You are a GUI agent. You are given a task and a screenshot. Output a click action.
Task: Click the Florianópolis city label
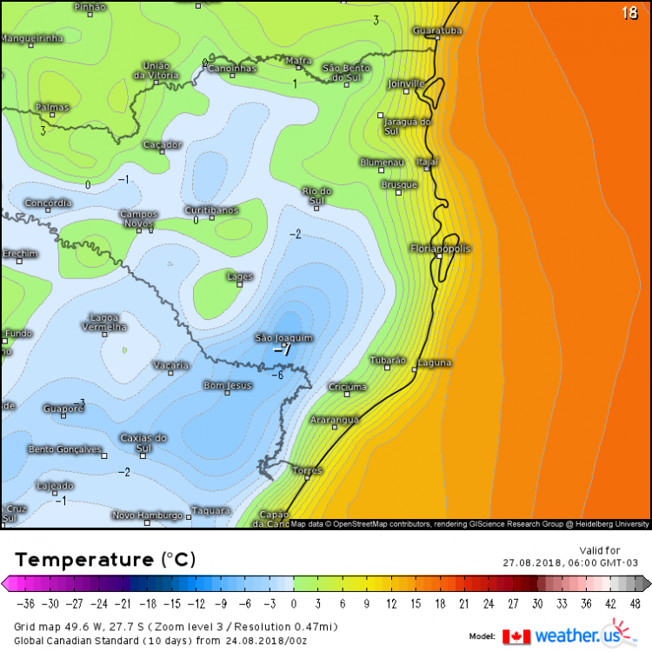(x=440, y=249)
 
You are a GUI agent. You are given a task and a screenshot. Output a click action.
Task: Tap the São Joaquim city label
(x=283, y=337)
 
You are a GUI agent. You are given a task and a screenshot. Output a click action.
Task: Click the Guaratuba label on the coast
(x=437, y=31)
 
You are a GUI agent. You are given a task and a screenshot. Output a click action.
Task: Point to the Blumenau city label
(x=383, y=163)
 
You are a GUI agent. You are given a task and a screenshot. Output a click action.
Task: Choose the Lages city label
(x=239, y=276)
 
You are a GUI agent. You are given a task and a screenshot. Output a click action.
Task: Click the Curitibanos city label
(x=211, y=210)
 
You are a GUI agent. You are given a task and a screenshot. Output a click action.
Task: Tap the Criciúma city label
(x=348, y=387)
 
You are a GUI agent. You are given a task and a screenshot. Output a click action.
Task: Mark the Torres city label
(x=307, y=470)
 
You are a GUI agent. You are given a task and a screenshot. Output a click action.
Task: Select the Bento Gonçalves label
(x=66, y=449)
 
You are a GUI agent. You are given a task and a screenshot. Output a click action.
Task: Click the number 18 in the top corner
(x=629, y=13)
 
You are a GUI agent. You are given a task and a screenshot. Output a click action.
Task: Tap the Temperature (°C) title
(x=105, y=558)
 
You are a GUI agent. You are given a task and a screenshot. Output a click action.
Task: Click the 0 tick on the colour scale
(x=294, y=602)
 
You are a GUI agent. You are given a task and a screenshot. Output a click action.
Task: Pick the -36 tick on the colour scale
(x=29, y=602)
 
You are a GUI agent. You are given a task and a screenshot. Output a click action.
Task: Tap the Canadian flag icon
(x=516, y=636)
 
